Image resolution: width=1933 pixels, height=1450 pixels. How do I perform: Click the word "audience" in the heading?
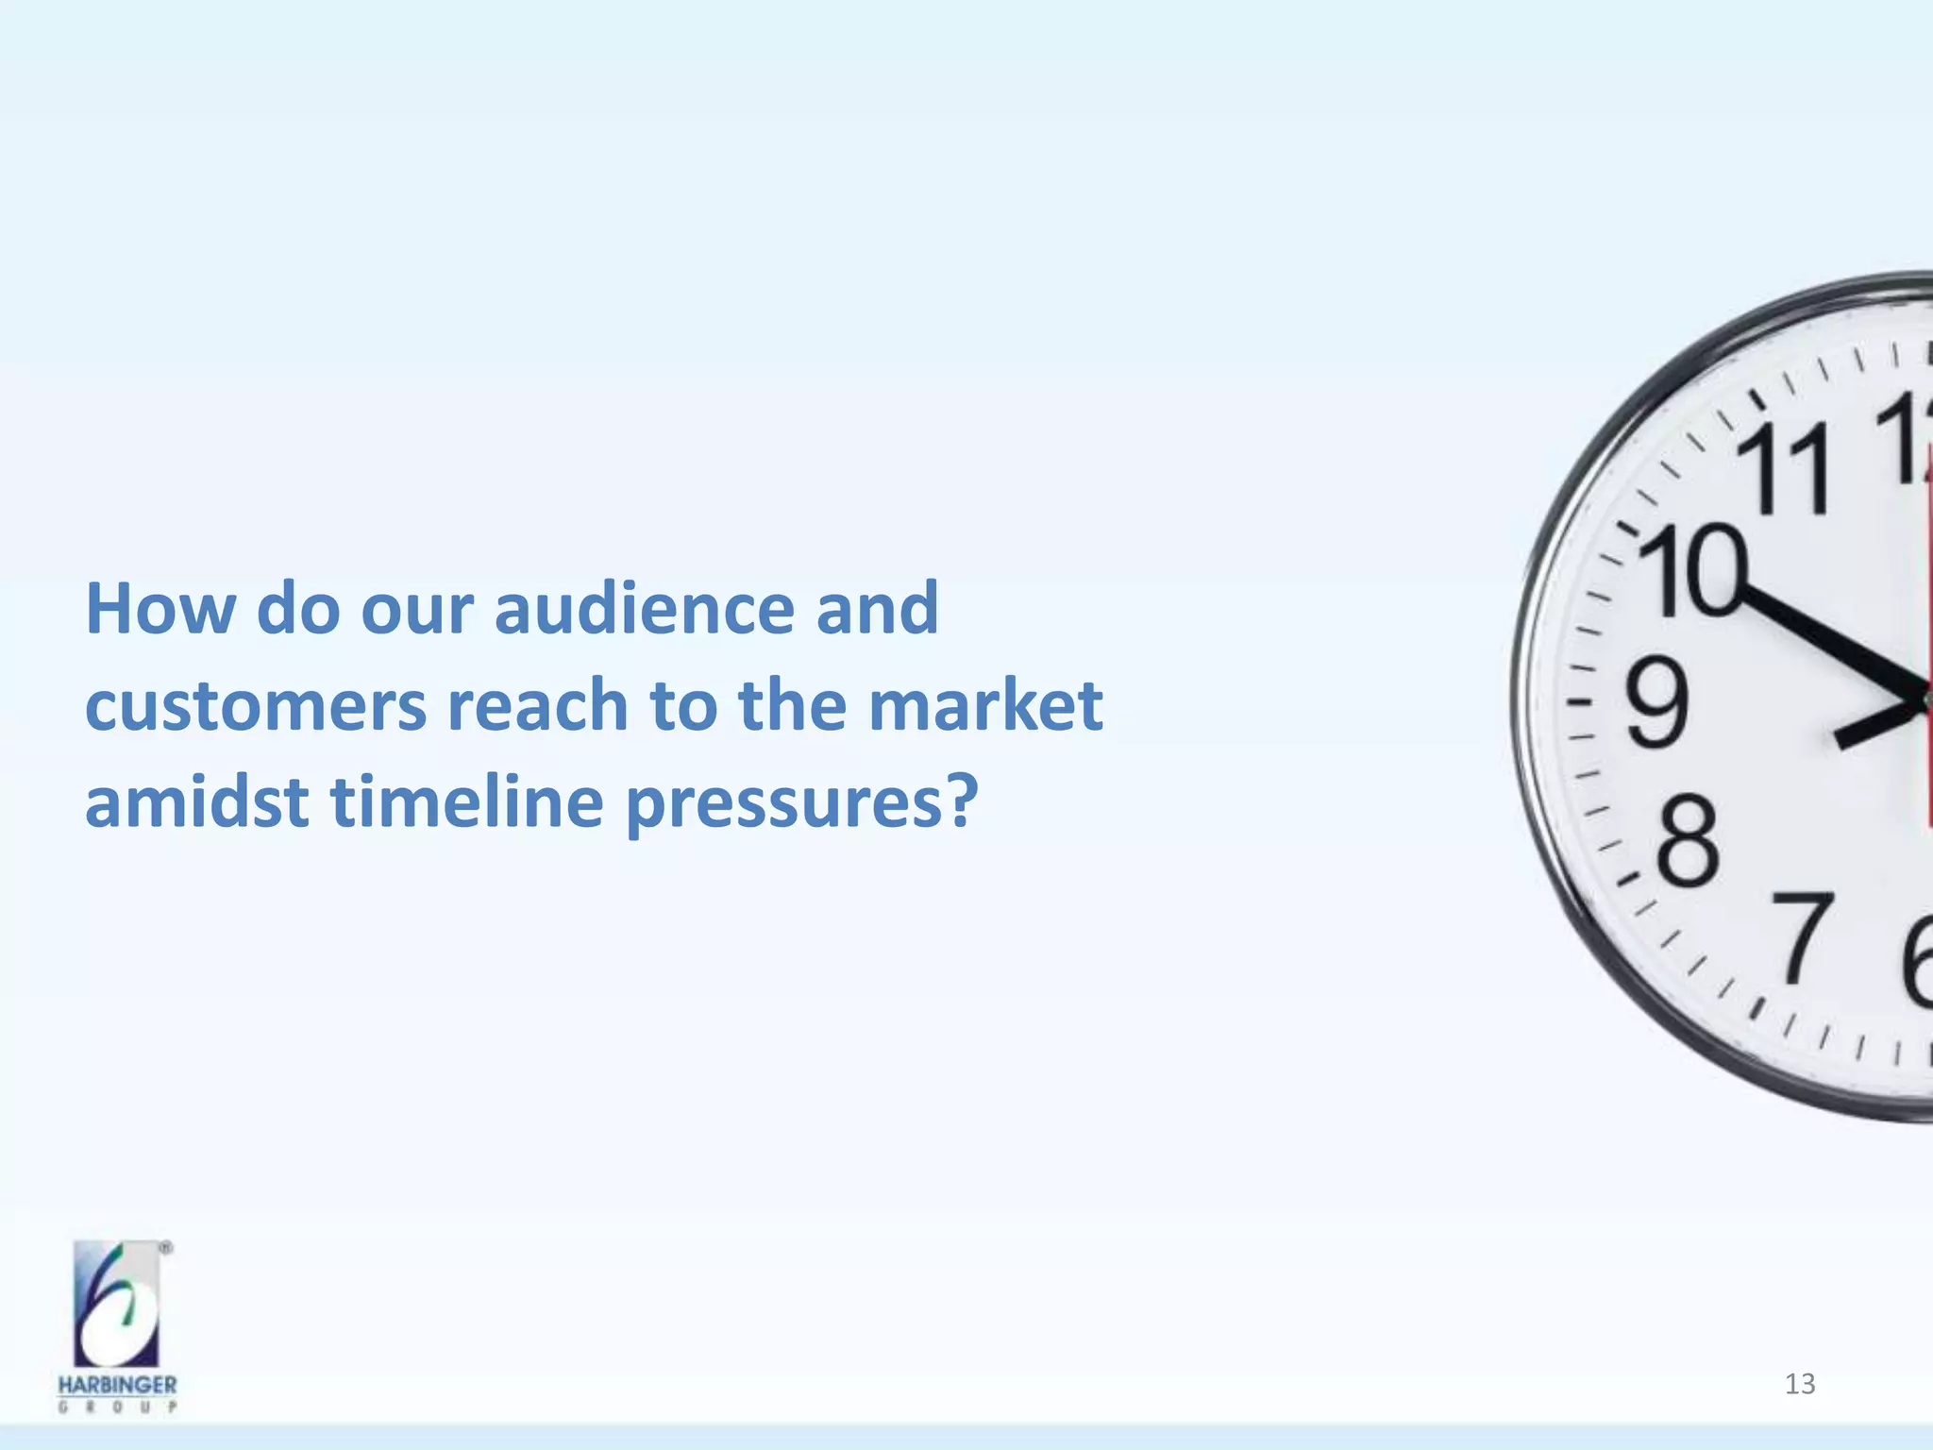coord(644,609)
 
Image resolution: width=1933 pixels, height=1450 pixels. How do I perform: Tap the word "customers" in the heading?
coord(255,705)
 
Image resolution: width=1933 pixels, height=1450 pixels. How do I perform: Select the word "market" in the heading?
coord(984,705)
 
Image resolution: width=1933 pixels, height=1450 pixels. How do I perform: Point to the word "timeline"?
coord(466,801)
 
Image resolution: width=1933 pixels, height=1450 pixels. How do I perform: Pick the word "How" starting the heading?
coord(160,609)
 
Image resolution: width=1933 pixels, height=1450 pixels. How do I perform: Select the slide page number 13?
coord(1800,1384)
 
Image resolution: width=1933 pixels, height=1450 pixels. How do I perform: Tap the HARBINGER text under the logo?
coord(117,1385)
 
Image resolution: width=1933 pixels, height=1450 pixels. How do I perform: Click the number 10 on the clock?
coord(1694,571)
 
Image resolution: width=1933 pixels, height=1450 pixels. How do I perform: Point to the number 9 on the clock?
coord(1656,703)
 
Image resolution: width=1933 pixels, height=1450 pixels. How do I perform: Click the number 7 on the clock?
coord(1802,939)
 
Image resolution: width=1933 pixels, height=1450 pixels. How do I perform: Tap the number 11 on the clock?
coord(1784,467)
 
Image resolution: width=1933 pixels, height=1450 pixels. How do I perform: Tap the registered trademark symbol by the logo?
coord(166,1248)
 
